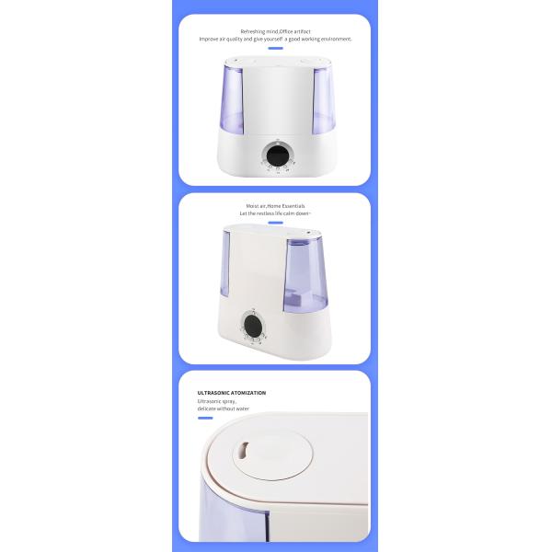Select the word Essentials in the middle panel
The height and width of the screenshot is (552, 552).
click(292, 206)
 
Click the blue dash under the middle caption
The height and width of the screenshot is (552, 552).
click(275, 224)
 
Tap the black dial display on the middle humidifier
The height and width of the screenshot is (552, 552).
click(251, 325)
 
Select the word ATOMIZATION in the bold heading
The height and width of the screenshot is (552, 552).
click(249, 393)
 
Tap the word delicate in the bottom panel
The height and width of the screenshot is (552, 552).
click(211, 408)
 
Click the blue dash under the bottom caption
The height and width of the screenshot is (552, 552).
click(207, 420)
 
